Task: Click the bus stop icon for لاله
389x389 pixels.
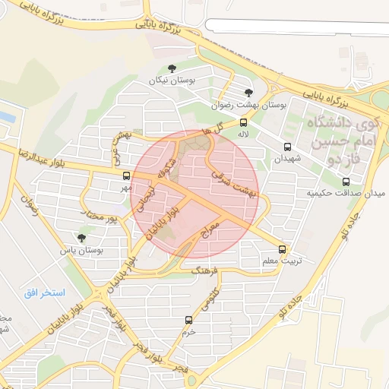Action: [243, 122]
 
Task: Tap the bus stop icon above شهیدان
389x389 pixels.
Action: [287, 147]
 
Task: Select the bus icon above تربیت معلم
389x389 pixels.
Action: [283, 248]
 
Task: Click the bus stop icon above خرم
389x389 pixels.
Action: [188, 320]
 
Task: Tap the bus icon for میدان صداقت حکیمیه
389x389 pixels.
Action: [346, 182]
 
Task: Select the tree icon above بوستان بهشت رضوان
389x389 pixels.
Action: [248, 93]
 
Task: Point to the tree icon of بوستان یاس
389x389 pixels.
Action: [81, 238]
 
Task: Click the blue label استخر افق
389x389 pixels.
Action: [45, 293]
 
